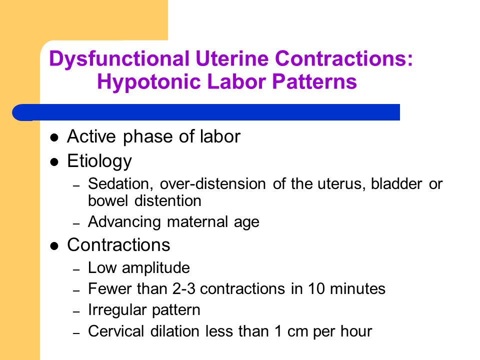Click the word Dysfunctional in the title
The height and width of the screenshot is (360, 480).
click(x=119, y=59)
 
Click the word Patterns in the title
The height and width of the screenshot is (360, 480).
click(x=314, y=81)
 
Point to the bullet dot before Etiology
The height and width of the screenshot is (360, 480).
click(x=54, y=162)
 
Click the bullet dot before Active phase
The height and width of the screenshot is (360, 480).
click(x=54, y=137)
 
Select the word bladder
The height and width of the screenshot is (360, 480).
click(x=396, y=183)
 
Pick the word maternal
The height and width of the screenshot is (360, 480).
click(x=197, y=221)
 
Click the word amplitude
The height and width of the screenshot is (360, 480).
click(x=156, y=268)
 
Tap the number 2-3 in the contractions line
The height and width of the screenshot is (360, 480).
click(x=183, y=288)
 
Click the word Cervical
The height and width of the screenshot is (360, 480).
click(x=116, y=331)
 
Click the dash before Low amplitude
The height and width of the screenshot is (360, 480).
click(x=76, y=269)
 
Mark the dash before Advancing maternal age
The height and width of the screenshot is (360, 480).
click(x=76, y=224)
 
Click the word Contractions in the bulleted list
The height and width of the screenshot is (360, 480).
click(x=118, y=245)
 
